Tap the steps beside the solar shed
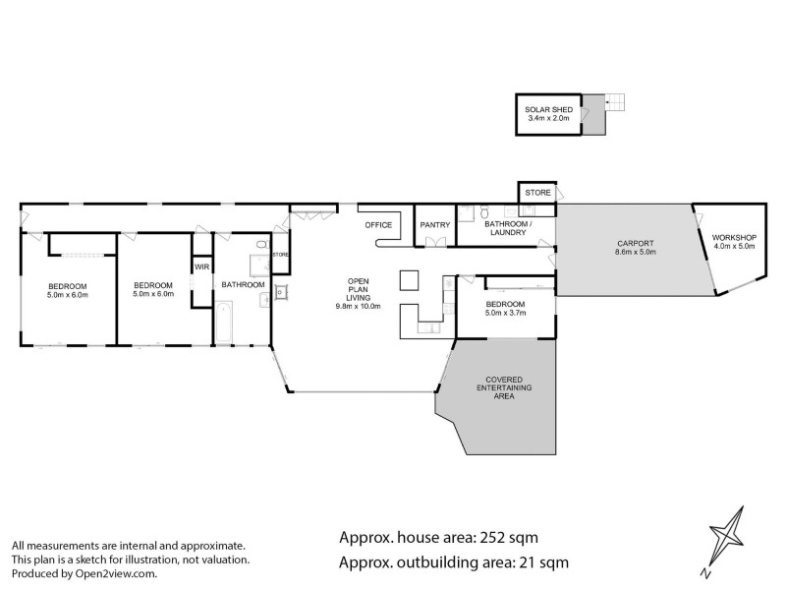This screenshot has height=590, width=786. coord(615,101)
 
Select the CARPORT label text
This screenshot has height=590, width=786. coord(636,243)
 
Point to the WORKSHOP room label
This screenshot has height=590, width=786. coord(733,237)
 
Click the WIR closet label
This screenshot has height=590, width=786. coord(201,266)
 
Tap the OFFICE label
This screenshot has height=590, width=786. coord(378,225)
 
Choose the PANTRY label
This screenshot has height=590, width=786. coord(434,225)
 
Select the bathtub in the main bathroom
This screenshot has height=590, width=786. coord(223,324)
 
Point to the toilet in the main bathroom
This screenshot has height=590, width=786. coord(261,247)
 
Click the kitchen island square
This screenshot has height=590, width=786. coord(409,280)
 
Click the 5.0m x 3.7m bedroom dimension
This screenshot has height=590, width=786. coord(505,314)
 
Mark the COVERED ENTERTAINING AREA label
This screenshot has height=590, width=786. coord(503,389)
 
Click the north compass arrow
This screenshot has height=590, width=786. coord(726,543)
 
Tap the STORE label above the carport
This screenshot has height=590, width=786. coord(537,192)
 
